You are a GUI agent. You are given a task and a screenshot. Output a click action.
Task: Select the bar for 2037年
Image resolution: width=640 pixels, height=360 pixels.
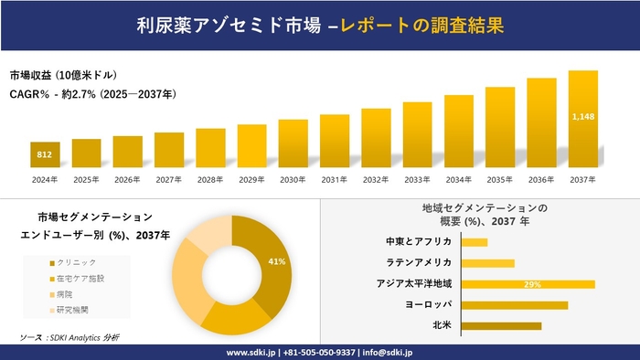coord(582,119)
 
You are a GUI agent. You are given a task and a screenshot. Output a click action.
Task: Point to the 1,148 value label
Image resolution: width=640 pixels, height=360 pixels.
coord(582,117)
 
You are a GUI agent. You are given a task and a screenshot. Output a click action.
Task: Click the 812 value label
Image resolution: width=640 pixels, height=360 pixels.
coord(45,154)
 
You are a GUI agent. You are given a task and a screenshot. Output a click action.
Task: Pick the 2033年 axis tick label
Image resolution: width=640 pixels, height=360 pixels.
coord(417,179)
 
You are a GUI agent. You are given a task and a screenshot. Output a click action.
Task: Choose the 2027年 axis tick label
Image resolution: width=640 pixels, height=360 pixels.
coord(169,179)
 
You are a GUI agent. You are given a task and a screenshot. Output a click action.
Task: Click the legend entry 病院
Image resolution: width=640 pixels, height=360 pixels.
coord(69,293)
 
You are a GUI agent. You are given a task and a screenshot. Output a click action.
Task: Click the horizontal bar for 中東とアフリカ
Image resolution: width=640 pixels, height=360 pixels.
coord(475,242)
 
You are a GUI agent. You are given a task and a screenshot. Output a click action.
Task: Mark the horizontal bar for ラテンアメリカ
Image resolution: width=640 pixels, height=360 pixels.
coord(488,263)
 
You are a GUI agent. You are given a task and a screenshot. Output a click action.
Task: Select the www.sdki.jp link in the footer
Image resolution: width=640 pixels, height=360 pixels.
coord(252,352)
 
